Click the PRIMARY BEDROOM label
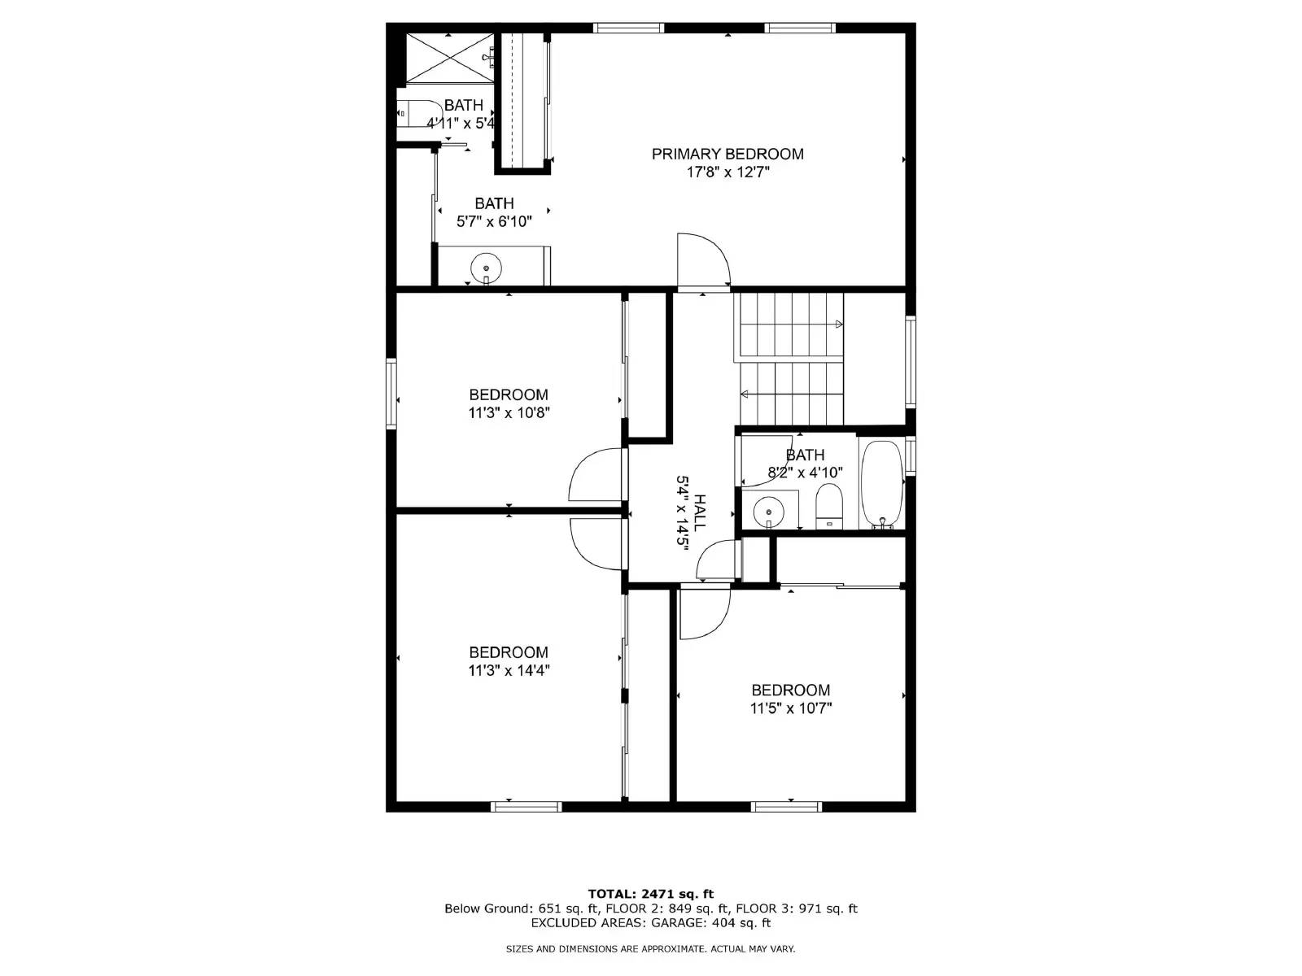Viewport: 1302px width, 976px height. pos(727,154)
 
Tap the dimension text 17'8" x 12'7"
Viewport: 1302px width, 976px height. pos(727,172)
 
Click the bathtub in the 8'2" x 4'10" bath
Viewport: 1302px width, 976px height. pos(882,485)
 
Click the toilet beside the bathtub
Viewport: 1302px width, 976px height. pos(829,506)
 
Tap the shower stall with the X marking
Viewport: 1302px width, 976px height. pos(449,58)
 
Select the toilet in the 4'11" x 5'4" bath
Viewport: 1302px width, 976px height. pos(413,113)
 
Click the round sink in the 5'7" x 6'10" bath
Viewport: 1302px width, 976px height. pos(487,267)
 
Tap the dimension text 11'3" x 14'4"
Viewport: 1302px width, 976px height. pos(509,671)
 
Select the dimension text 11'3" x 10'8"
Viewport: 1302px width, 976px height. pos(509,412)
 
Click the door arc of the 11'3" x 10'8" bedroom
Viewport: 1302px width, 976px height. pos(596,475)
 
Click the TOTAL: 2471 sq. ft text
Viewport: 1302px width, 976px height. pos(650,894)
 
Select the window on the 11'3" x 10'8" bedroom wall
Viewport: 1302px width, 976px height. pos(391,394)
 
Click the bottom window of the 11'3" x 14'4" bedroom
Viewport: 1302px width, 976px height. pos(526,806)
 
